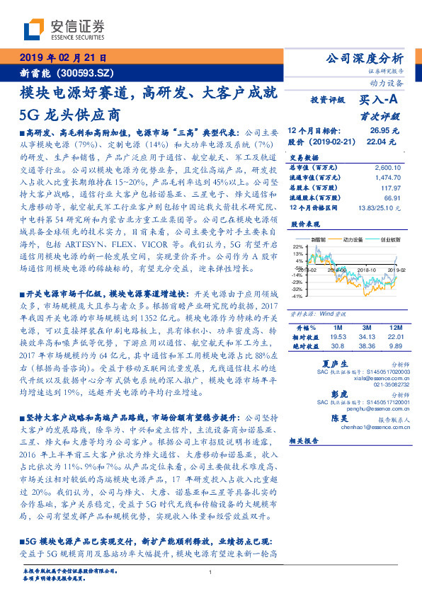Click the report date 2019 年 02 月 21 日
coord(63,57)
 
